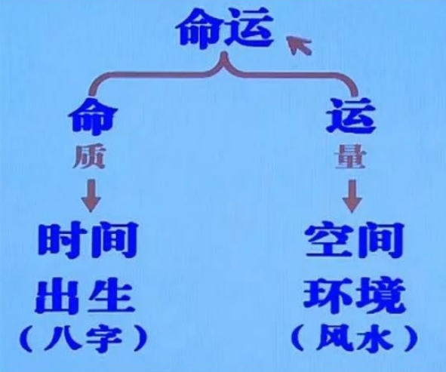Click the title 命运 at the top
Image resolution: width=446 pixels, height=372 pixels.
pyautogui.click(x=224, y=28)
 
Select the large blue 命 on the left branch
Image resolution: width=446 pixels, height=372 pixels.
pyautogui.click(x=93, y=116)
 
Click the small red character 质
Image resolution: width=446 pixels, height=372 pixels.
pyautogui.click(x=89, y=157)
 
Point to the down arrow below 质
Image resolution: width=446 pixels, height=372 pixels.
pyautogui.click(x=91, y=195)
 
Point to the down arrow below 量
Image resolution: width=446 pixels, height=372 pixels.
pyautogui.click(x=352, y=196)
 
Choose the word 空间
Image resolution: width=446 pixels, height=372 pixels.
pyautogui.click(x=355, y=241)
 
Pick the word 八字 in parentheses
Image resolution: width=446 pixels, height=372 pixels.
pyautogui.click(x=85, y=339)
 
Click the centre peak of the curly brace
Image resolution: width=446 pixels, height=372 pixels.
pyautogui.click(x=225, y=54)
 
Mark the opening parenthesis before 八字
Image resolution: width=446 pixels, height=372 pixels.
pyautogui.click(x=26, y=339)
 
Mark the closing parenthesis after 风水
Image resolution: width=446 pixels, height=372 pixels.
pyautogui.click(x=411, y=339)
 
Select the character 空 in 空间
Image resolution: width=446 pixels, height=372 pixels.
pyautogui.click(x=328, y=241)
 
